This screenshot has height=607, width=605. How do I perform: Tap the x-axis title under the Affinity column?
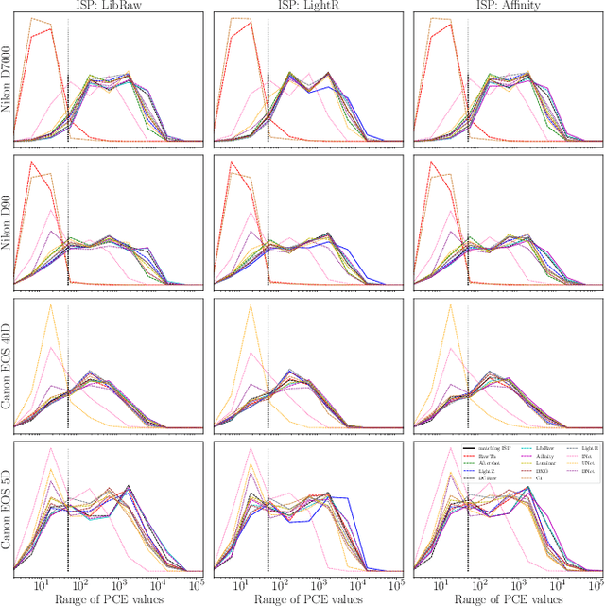(x=506, y=599)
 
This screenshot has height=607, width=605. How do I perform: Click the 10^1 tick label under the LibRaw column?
(x=42, y=586)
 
